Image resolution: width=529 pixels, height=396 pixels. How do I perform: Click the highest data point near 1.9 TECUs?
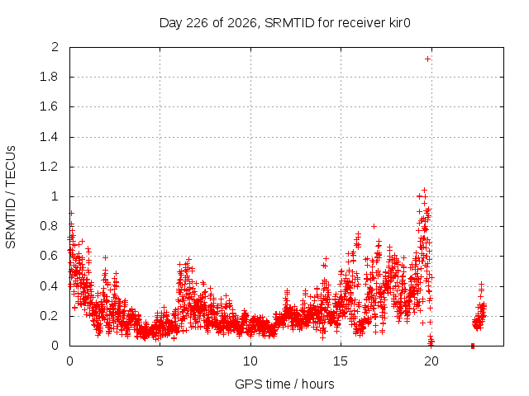[x=428, y=59]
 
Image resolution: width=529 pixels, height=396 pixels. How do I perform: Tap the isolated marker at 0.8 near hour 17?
[x=374, y=227]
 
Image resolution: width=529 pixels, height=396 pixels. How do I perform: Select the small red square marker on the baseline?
[x=473, y=346]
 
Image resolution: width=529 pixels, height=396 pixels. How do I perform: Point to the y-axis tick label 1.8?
[x=49, y=77]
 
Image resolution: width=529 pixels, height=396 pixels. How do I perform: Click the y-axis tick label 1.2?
[x=49, y=167]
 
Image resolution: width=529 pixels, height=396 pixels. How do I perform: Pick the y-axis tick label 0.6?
[x=49, y=256]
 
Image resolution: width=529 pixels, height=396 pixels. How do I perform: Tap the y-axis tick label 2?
[x=55, y=47]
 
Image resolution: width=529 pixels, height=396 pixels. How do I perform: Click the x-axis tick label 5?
[x=160, y=361]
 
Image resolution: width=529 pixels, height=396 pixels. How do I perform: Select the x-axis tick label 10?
[x=250, y=361]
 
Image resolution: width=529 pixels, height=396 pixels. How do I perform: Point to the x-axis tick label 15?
[x=341, y=361]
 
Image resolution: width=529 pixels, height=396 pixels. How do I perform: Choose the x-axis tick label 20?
[x=431, y=361]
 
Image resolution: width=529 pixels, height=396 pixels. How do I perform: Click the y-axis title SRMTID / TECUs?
[x=11, y=197]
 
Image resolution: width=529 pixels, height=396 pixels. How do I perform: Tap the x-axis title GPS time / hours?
[x=284, y=384]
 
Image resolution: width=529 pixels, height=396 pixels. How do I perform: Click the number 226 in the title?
[x=198, y=23]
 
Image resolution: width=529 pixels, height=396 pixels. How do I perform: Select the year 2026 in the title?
[x=242, y=23]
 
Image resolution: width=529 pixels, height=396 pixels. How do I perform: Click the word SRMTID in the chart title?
[x=289, y=23]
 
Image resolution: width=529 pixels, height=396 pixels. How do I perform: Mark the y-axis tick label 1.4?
[x=49, y=137]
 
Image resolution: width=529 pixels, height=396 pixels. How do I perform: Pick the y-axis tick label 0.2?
[x=49, y=316]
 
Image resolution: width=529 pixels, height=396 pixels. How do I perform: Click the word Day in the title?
[x=171, y=23]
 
